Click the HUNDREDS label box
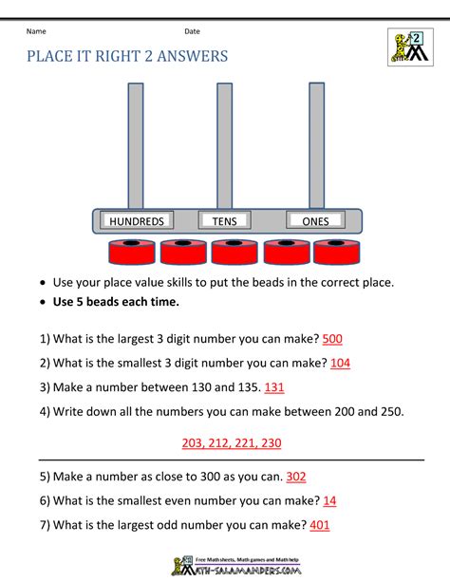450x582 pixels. pos(137,221)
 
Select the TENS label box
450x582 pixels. pos(224,221)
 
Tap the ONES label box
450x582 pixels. pos(315,221)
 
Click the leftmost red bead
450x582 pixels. pos(132,253)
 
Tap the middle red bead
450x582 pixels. pos(234,253)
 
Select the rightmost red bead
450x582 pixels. pos(336,253)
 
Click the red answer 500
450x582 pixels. pos(333,339)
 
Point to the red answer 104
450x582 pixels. pos(340,363)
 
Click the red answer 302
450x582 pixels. pos(295,477)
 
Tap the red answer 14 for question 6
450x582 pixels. pos(329,501)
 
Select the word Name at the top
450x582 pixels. pos(37,32)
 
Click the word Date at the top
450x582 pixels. pos(193,32)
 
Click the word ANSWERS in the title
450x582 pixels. pos(186,56)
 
